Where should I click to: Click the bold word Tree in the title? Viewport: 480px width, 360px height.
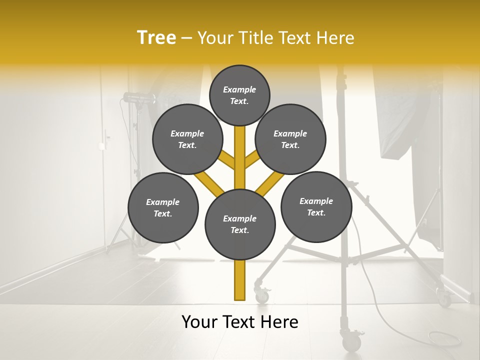point(156,38)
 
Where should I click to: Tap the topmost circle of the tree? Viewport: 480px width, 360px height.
point(239,95)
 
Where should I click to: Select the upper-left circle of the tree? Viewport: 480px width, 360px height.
point(187,139)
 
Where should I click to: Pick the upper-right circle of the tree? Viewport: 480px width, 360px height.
point(290,139)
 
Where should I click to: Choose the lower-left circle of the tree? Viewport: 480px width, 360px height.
point(163,207)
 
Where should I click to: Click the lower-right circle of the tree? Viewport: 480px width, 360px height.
point(316,206)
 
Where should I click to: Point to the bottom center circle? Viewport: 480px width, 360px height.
point(240,224)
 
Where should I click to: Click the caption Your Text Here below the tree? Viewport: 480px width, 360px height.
point(240,322)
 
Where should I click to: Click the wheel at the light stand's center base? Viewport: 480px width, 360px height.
point(352,342)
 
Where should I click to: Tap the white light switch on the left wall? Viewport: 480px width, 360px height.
point(101,146)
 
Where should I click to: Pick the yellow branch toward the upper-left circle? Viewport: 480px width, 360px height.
point(226,159)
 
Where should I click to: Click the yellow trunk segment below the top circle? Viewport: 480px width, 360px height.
point(240,150)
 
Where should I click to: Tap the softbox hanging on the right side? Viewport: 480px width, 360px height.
point(405,125)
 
